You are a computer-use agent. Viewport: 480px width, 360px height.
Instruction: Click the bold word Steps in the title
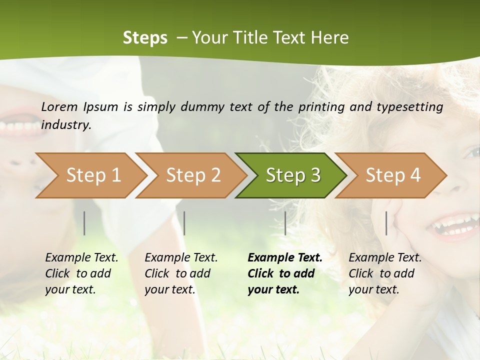pos(145,38)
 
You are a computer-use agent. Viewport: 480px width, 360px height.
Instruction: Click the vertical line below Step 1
pos(84,223)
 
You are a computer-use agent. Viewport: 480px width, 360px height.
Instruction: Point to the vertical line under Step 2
pos(184,223)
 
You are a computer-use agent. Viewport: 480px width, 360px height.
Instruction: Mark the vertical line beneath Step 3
pos(285,223)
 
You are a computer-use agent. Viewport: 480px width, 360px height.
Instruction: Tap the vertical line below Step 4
pos(386,223)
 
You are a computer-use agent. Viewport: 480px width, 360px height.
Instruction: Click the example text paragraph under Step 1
pos(81,273)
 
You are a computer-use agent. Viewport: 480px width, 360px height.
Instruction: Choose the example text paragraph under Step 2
pos(181,273)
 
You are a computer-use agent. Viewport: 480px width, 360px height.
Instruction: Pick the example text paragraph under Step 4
pos(385,273)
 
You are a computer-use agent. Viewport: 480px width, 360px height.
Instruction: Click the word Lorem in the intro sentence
pos(59,106)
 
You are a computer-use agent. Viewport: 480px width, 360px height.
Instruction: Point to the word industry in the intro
pos(66,125)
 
